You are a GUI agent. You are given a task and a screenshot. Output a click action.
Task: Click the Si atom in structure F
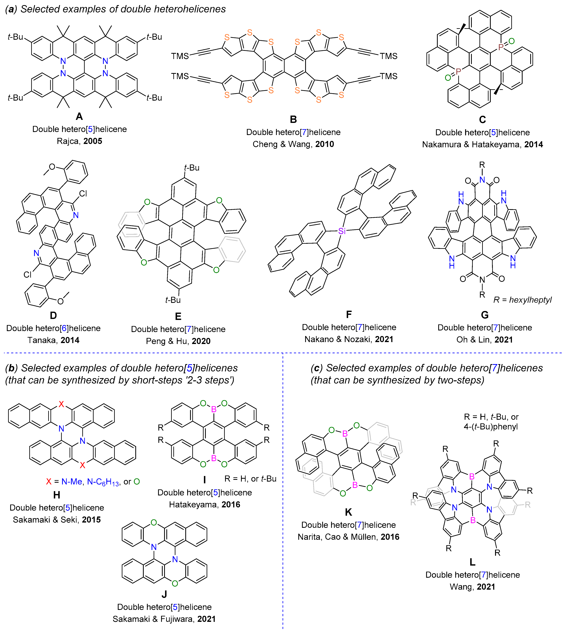point(342,231)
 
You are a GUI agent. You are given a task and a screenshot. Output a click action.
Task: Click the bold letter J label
point(164,594)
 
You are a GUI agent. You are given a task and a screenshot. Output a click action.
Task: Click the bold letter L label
point(472,562)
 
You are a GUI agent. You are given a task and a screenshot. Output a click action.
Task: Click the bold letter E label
point(178,317)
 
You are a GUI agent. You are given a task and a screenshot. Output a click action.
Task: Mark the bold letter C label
point(482,120)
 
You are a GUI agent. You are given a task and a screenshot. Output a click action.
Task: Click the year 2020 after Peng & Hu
point(201,341)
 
